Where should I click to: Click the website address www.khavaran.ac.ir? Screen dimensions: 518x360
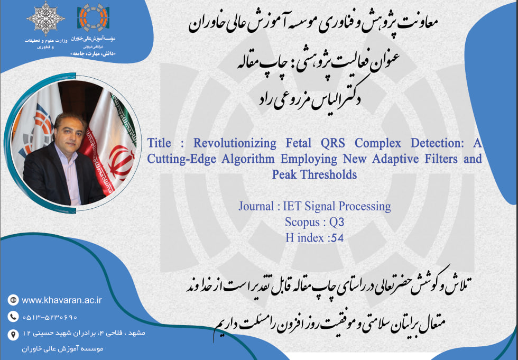(x=62, y=300)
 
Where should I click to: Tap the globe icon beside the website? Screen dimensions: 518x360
(x=13, y=300)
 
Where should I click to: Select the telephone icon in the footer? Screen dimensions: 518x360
(x=13, y=317)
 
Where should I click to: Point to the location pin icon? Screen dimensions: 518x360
(x=13, y=334)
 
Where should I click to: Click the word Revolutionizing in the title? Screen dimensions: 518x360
(x=235, y=143)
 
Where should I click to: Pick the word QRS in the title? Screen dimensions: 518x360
(x=332, y=143)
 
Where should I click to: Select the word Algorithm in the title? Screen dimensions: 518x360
(x=248, y=159)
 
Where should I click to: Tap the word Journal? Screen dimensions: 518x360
(x=256, y=206)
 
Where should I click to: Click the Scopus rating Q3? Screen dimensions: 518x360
(x=337, y=222)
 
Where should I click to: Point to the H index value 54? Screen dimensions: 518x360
(x=337, y=238)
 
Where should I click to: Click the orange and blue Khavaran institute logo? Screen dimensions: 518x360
(x=93, y=18)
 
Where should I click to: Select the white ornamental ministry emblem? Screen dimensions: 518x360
(x=45, y=19)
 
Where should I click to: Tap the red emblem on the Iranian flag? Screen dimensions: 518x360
(x=122, y=162)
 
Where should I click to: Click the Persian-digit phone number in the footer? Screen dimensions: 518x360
(x=50, y=317)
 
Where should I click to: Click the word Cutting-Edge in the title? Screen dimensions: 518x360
(x=181, y=159)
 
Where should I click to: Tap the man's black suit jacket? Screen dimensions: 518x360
(x=50, y=178)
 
